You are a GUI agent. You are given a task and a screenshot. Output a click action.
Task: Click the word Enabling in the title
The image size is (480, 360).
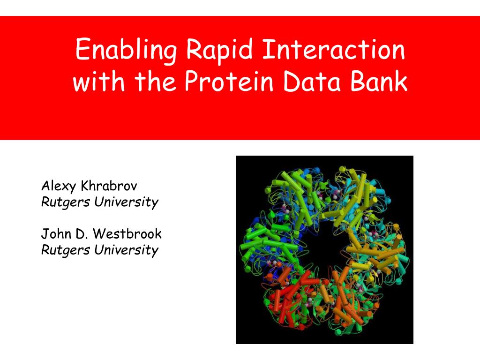tap(126, 50)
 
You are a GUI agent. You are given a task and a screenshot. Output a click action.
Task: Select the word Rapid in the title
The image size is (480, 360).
tap(219, 50)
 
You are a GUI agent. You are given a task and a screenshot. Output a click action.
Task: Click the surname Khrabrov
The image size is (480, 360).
tap(109, 186)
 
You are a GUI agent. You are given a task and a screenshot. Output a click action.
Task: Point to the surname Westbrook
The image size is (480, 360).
tap(127, 233)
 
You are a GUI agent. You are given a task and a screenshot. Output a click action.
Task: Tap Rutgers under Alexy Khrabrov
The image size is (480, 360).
tap(66, 202)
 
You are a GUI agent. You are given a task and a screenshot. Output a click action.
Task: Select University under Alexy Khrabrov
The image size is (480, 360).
tap(127, 202)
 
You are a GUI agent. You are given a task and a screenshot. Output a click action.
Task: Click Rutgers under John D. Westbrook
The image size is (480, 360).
tap(66, 250)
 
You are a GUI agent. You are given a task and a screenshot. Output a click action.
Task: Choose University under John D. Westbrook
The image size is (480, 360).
tap(127, 250)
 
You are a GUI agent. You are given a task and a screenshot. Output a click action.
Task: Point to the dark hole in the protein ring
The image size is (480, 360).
tap(322, 245)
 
